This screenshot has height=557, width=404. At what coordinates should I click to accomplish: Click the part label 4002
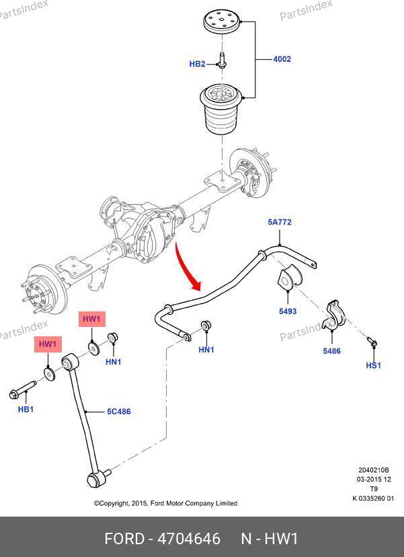click(x=282, y=59)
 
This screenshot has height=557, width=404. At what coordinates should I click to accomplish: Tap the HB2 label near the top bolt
click(x=197, y=65)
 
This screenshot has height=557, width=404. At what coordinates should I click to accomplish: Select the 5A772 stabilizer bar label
click(x=280, y=222)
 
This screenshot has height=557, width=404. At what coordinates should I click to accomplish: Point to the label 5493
click(x=288, y=312)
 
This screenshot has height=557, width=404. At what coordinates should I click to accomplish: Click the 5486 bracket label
click(x=331, y=350)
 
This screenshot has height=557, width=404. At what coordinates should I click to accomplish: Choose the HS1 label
click(x=373, y=365)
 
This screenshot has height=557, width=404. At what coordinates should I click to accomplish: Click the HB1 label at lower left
click(x=26, y=409)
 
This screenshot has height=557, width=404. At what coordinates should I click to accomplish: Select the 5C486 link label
click(x=118, y=412)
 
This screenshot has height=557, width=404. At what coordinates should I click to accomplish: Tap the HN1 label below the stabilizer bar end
click(x=206, y=350)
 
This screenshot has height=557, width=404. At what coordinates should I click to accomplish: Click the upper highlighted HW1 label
click(x=91, y=319)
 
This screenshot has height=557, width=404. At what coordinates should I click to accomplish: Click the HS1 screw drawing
click(x=372, y=343)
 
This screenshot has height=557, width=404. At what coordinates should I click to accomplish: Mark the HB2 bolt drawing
click(x=222, y=61)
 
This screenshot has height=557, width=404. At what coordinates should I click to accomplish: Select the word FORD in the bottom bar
click(x=124, y=539)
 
